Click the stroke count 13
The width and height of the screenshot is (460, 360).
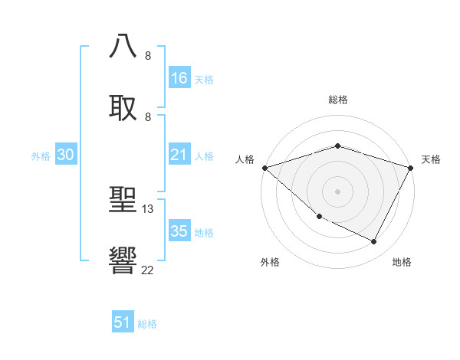coord(148,208)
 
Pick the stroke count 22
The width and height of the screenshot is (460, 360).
coord(148,270)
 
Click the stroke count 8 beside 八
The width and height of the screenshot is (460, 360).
coord(148,55)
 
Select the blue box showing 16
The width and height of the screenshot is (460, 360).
coord(179,78)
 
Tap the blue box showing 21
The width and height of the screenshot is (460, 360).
coord(179,155)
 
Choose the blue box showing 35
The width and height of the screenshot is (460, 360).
coord(179,231)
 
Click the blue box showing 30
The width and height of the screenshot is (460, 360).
coord(66,155)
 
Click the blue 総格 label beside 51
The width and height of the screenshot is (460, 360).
coord(147,324)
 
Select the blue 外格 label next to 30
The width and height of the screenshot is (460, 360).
coord(41,156)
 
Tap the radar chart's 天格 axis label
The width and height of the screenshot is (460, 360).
coord(431,159)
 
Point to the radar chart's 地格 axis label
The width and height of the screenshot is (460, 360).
coord(402,262)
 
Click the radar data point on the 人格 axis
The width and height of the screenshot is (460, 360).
coord(264,168)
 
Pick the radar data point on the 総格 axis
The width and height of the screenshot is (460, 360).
coord(337,146)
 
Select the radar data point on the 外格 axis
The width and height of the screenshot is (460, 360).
coord(319,217)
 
